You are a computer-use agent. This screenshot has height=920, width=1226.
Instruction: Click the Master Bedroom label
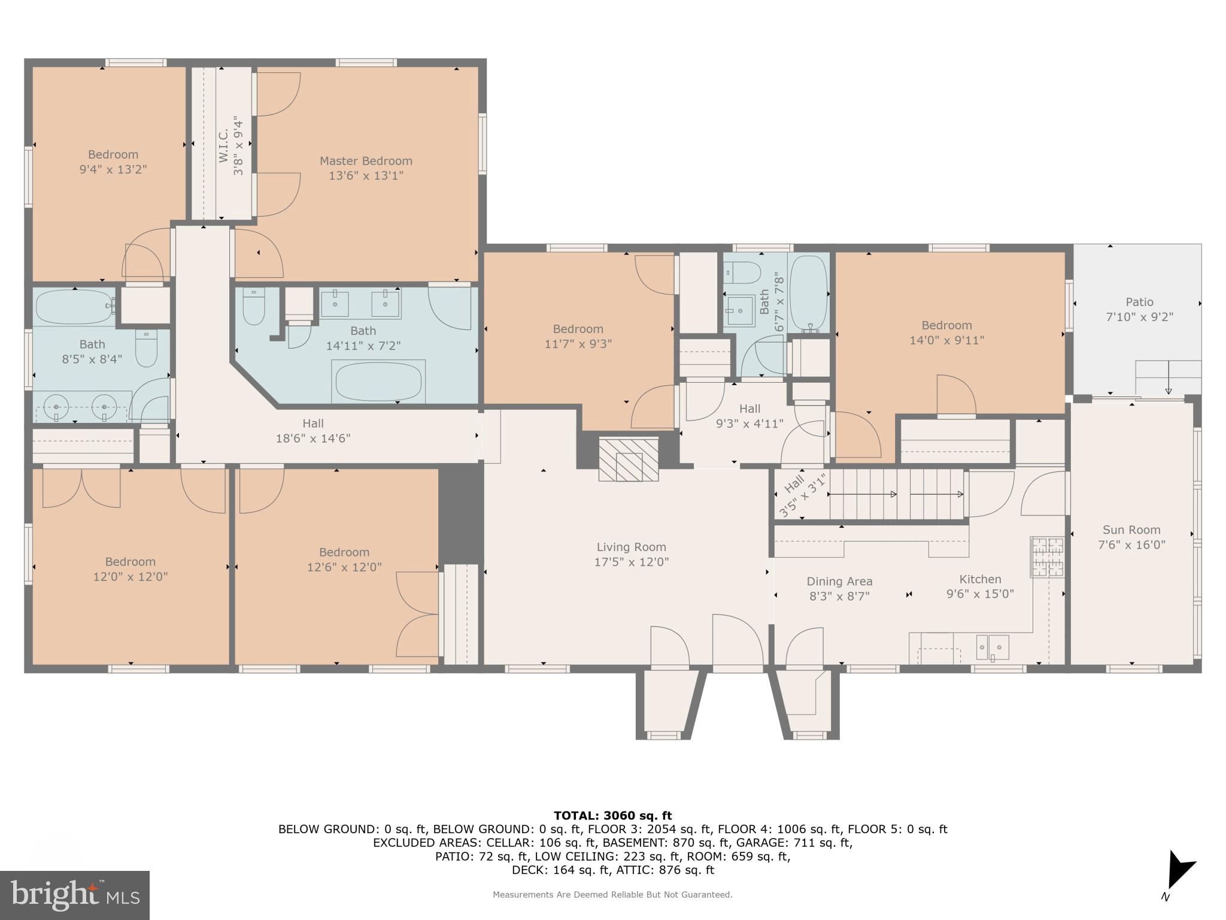pos(366,161)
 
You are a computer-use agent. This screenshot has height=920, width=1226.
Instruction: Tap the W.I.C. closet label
pos(223,146)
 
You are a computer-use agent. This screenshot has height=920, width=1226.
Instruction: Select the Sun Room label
pos(1131,530)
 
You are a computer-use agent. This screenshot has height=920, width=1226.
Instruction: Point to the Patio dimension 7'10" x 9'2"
pos(1139,317)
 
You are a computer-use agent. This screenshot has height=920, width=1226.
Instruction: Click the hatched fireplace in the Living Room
pos(629,459)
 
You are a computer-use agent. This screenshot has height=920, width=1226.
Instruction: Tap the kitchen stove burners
pos(1047,557)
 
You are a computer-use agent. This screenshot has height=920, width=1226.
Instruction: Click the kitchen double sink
pos(993,647)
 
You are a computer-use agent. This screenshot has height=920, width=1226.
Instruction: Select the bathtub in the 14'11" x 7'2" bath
pos(378,382)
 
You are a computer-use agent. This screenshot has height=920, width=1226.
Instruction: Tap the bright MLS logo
pos(75,895)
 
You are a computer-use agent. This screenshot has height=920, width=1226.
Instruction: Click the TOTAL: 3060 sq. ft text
pos(612,816)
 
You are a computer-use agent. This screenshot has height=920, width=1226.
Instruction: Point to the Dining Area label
pos(839,582)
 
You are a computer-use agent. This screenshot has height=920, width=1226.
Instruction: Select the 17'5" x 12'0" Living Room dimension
pos(632,562)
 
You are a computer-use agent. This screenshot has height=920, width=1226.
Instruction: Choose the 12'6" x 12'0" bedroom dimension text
pos(344,567)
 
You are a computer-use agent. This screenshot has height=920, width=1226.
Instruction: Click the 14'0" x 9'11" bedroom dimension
pos(946,340)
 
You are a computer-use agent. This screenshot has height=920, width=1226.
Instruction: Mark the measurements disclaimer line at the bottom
pos(612,895)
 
